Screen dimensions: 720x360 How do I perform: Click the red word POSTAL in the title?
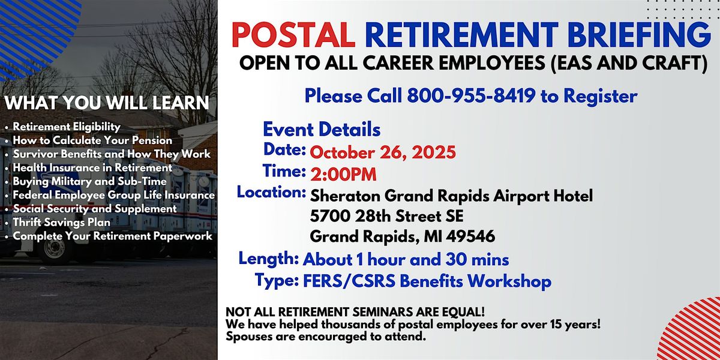(293, 35)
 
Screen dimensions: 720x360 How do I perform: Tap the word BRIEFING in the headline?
(639, 35)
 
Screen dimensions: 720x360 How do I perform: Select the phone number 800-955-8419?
(471, 95)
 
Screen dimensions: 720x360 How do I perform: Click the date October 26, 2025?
(383, 152)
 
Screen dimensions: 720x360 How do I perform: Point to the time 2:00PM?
(343, 175)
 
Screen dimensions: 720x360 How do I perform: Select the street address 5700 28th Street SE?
(386, 216)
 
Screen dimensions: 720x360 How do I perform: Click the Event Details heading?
(322, 130)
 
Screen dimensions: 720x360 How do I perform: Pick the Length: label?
(269, 259)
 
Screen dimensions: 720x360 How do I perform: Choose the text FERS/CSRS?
(349, 281)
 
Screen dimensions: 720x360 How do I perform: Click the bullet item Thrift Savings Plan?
(61, 222)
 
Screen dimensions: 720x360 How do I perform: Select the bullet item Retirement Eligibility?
(67, 127)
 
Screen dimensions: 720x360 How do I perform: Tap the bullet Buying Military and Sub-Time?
(89, 181)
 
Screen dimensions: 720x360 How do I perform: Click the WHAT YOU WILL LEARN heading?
(107, 103)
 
